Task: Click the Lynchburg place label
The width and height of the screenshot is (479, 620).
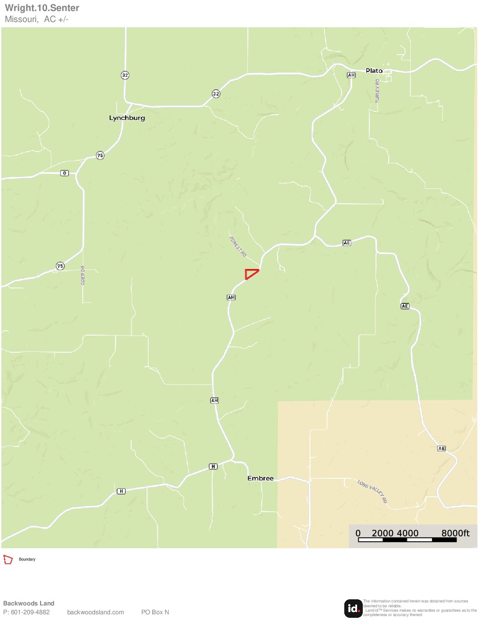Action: point(127,118)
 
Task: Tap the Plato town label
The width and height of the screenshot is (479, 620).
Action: point(374,71)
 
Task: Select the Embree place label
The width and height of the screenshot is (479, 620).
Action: point(260,478)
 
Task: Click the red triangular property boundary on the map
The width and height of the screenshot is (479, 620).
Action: point(251,273)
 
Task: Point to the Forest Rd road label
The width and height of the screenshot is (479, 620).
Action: point(238,247)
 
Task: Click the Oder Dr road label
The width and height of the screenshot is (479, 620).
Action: point(83,275)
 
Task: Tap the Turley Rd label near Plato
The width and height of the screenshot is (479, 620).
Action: point(377,91)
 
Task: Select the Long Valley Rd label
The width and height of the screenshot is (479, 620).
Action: point(372,491)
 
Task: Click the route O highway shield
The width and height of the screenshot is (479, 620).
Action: point(65,173)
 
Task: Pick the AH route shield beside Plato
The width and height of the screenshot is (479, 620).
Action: point(351,75)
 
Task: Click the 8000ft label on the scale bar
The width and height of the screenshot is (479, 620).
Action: point(455,533)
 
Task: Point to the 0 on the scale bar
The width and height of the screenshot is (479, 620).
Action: point(358,533)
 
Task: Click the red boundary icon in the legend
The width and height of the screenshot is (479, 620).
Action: point(8,559)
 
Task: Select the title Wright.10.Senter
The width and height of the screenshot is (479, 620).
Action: point(42,8)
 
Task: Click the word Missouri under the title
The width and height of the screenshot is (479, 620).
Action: point(21,19)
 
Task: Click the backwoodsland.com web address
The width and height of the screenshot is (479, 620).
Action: point(96,612)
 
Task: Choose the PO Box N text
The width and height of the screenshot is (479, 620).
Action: point(155,612)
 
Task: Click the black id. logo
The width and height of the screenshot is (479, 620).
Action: point(353,608)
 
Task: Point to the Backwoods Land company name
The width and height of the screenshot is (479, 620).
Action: point(29,603)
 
